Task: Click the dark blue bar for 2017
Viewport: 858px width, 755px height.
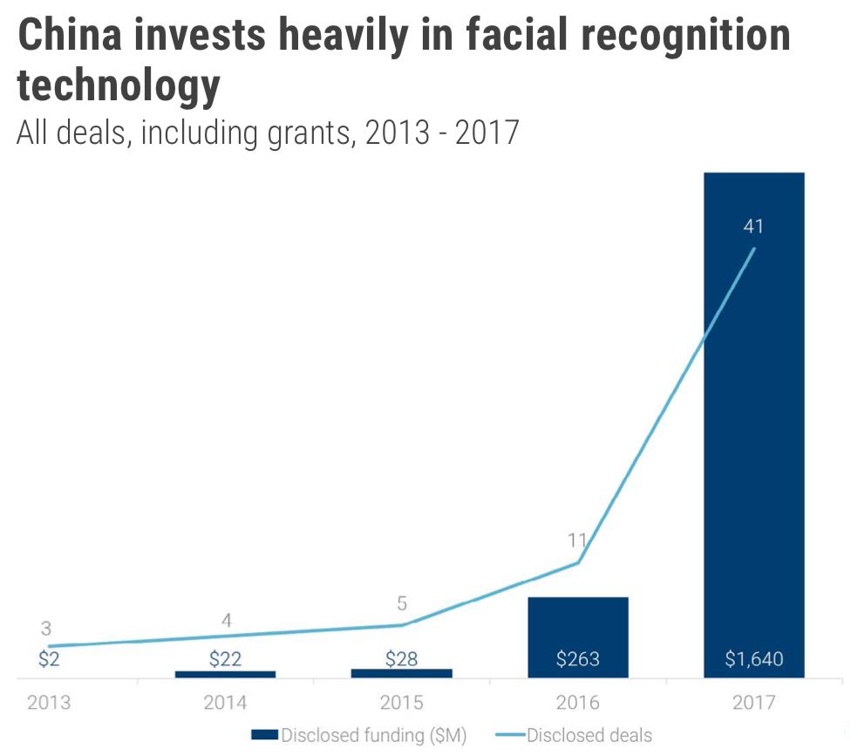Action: (753, 418)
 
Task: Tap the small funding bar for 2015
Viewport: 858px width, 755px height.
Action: (401, 673)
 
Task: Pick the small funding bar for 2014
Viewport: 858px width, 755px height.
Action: (225, 674)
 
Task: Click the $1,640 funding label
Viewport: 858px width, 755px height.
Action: (753, 659)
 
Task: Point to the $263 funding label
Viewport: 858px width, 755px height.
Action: (577, 659)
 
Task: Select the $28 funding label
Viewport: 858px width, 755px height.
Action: (401, 659)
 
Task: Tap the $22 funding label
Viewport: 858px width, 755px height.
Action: (225, 659)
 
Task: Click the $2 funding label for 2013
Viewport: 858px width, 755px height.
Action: (49, 659)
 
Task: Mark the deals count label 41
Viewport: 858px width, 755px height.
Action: (753, 227)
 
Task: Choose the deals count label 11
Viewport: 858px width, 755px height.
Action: (577, 541)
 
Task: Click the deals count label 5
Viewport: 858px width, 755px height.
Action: (402, 603)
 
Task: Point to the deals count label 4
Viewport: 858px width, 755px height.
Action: (226, 621)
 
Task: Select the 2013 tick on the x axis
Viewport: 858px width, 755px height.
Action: (49, 703)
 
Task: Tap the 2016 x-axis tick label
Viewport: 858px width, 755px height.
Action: (577, 703)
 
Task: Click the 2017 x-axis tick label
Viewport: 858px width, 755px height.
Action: (753, 703)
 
